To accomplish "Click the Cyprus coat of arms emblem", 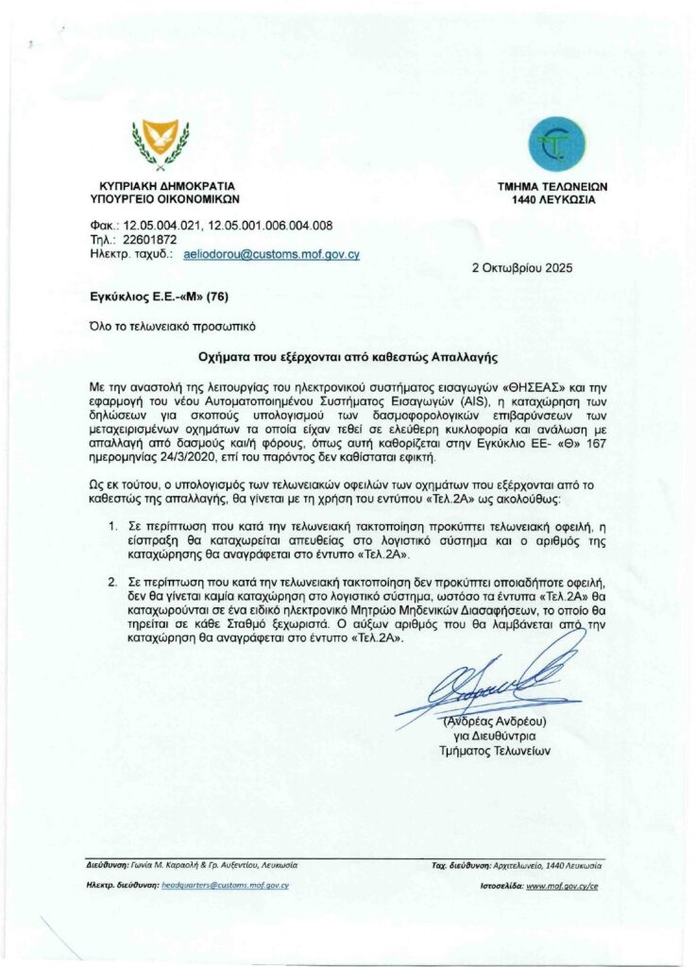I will (160, 144).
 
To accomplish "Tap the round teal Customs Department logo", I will (556, 144).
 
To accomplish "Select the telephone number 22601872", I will (151, 240).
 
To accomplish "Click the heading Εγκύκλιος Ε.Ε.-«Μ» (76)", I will (152, 296).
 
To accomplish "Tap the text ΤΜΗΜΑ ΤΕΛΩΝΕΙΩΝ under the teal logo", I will (553, 187).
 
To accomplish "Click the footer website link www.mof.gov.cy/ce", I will (562, 886).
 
